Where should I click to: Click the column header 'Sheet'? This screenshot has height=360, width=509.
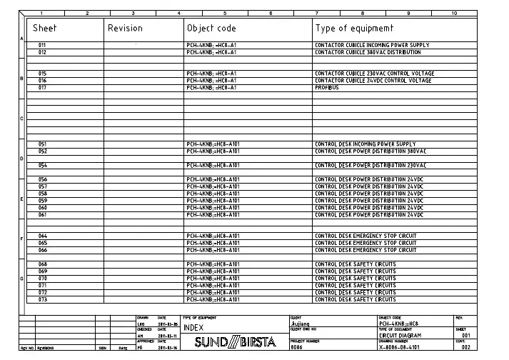pos(45,29)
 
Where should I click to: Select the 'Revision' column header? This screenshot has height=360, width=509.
pos(125,29)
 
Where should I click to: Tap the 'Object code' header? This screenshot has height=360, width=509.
pos(211,29)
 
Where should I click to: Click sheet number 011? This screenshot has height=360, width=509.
pos(43,45)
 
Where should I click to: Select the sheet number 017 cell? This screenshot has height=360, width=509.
pos(43,88)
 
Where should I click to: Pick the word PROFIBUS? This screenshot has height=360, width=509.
pos(327,88)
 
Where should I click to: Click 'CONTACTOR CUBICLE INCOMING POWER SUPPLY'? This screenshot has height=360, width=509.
pos(372,45)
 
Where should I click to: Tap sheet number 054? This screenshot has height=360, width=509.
pos(43,165)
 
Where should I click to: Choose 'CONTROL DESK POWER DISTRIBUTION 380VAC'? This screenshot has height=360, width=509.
pos(371,151)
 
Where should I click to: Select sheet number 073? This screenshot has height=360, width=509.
pos(43,299)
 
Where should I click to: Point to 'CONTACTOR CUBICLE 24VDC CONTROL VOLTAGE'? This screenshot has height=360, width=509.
pos(373,81)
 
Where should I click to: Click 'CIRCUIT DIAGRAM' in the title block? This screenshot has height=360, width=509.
pos(400,335)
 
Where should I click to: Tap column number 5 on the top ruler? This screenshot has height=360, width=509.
pos(224,13)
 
